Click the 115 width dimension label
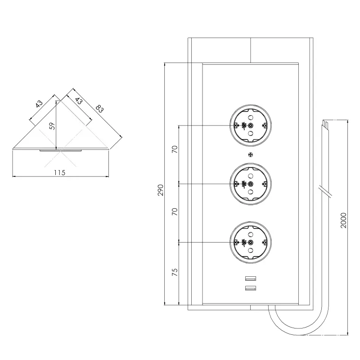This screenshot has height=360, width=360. [x=60, y=172]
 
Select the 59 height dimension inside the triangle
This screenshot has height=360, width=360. [x=52, y=126]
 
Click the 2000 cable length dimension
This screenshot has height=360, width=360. [x=343, y=220]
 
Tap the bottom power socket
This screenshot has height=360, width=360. [x=251, y=242]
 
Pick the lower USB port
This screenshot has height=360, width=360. [x=251, y=288]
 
